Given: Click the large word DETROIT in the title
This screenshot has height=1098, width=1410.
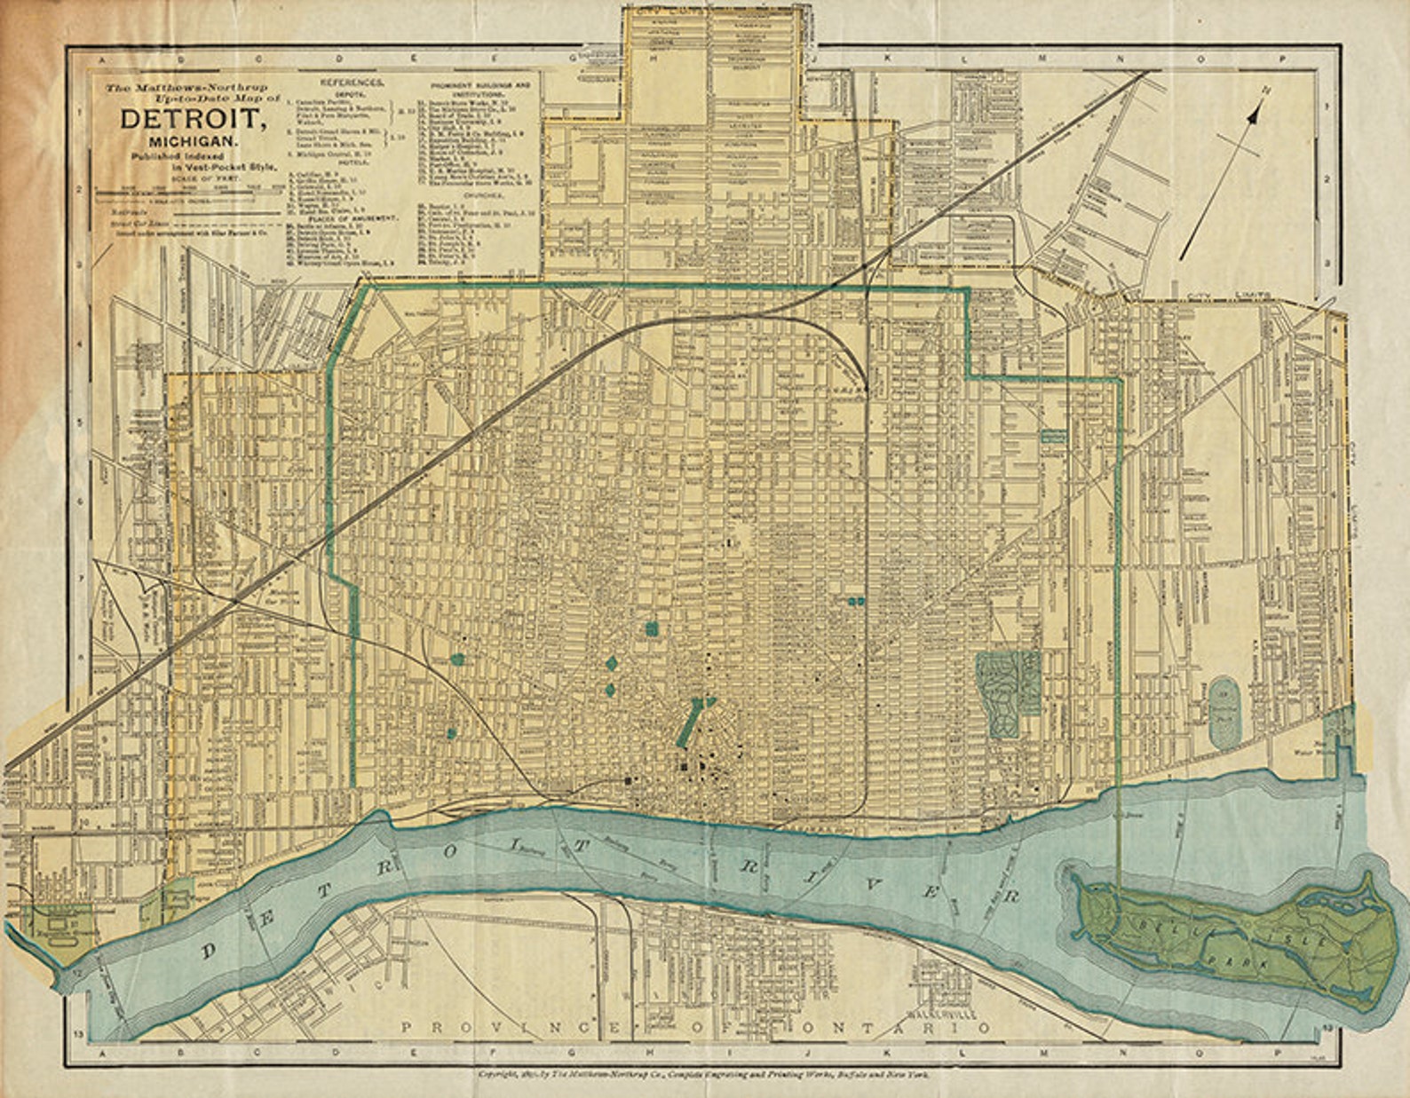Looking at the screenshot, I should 192,122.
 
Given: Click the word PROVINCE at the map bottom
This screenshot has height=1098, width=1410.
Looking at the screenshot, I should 464,1028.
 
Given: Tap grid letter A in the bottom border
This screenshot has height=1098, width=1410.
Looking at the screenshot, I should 105,1053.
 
